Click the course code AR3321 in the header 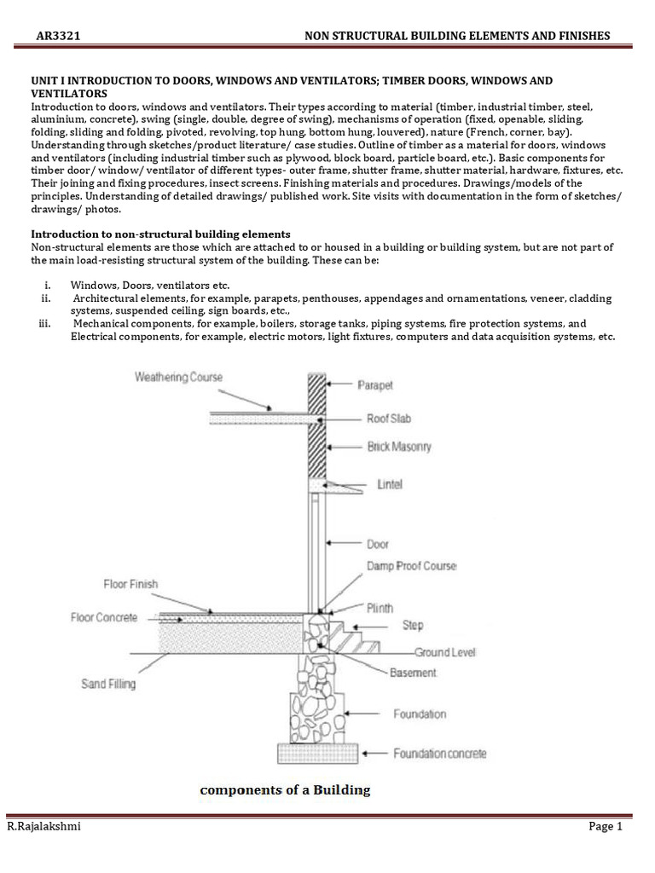click(58, 35)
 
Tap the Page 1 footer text click(606, 826)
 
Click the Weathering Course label click(178, 377)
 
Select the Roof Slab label click(391, 419)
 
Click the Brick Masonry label click(399, 446)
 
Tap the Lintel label click(390, 484)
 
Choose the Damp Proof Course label click(412, 566)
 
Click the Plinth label click(380, 608)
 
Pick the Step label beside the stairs click(412, 625)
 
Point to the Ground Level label click(445, 652)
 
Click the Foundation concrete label click(439, 753)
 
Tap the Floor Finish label click(130, 584)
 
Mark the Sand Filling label click(108, 683)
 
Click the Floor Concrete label click(103, 617)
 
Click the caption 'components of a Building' click(285, 789)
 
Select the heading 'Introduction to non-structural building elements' click(160, 234)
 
